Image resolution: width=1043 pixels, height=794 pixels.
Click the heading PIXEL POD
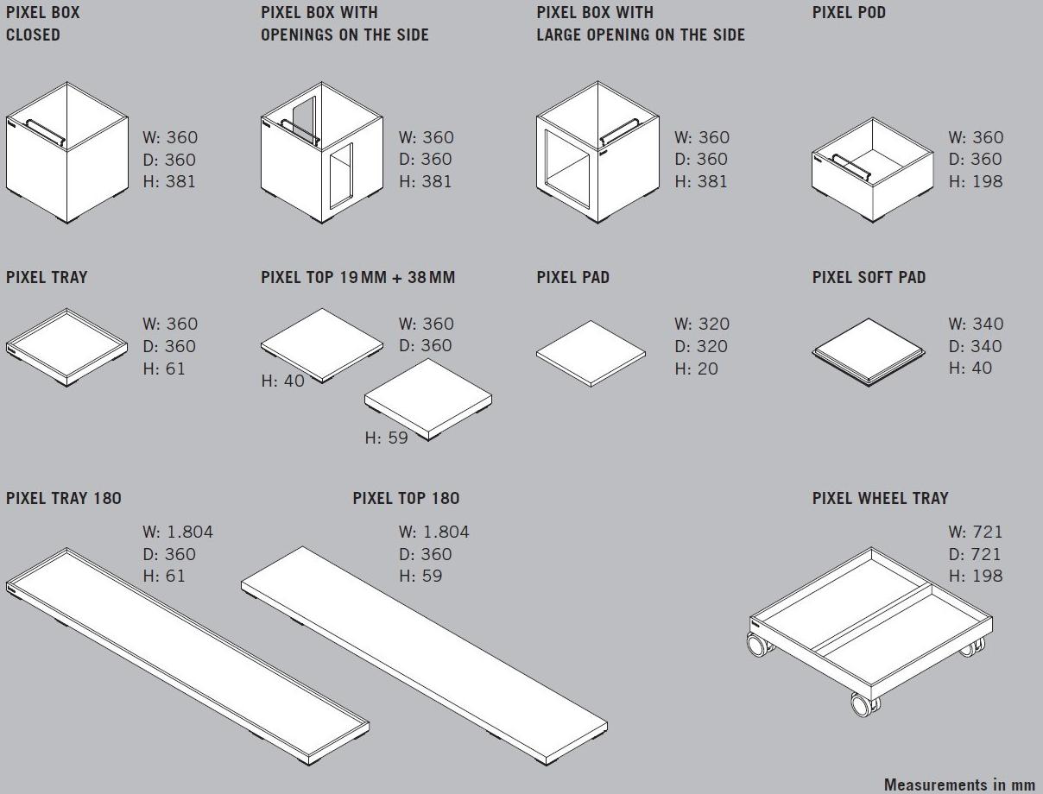pyautogui.click(x=849, y=12)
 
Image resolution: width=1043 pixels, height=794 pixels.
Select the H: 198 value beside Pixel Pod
pyautogui.click(x=976, y=181)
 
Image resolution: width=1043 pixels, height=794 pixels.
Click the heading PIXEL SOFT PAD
pyautogui.click(x=869, y=277)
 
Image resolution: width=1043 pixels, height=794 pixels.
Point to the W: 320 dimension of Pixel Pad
pyautogui.click(x=702, y=324)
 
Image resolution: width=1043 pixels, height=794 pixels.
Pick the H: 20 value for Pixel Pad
pyautogui.click(x=696, y=369)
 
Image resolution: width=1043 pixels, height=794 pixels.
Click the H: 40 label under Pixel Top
pyautogui.click(x=282, y=381)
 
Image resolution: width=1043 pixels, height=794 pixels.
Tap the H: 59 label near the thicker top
pyautogui.click(x=386, y=438)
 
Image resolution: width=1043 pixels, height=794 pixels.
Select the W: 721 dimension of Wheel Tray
pyautogui.click(x=976, y=532)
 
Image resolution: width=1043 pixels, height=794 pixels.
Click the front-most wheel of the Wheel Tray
pyautogui.click(x=863, y=704)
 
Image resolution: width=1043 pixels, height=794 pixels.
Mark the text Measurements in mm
pyautogui.click(x=959, y=785)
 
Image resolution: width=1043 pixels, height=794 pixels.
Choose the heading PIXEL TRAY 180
pyautogui.click(x=64, y=498)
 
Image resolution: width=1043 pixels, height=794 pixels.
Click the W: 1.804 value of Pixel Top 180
pyautogui.click(x=433, y=532)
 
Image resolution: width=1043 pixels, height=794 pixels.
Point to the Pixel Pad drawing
pyautogui.click(x=591, y=354)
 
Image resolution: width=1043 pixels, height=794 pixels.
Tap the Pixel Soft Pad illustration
pyautogui.click(x=869, y=352)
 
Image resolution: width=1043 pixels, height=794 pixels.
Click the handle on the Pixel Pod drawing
pyautogui.click(x=851, y=167)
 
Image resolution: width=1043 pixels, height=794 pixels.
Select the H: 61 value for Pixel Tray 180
pyautogui.click(x=164, y=576)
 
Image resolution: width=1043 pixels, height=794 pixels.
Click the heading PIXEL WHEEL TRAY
pyautogui.click(x=880, y=498)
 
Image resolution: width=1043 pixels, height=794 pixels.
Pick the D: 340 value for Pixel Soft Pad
pyautogui.click(x=975, y=346)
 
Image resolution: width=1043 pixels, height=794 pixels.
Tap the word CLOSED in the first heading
pyautogui.click(x=33, y=35)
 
